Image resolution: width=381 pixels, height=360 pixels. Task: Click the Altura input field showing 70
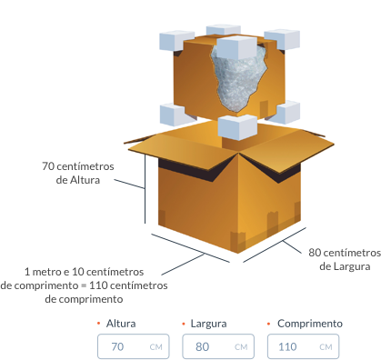click(134, 346)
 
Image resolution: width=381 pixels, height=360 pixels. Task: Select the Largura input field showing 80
click(218, 346)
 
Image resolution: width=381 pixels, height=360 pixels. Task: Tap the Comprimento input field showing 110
click(303, 346)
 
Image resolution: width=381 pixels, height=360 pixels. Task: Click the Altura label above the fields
click(121, 324)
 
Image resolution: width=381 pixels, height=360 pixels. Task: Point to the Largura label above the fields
click(208, 324)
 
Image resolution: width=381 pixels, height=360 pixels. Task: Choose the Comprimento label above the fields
click(310, 324)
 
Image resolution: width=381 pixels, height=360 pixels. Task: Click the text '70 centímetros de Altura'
click(78, 173)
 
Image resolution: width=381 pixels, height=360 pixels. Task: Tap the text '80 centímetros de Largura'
click(345, 259)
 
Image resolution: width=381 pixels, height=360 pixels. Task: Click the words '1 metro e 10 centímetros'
click(84, 272)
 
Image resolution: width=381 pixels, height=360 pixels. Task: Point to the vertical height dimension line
click(145, 189)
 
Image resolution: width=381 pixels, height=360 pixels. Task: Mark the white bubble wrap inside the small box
click(239, 79)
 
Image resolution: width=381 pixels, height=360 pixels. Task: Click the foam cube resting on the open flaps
click(237, 127)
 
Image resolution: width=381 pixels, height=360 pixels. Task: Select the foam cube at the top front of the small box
click(237, 47)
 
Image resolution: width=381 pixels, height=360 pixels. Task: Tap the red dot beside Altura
click(98, 324)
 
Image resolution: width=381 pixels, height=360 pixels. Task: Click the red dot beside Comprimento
click(268, 324)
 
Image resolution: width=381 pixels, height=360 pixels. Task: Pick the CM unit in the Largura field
click(241, 347)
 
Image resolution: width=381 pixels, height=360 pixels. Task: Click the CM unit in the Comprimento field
click(326, 347)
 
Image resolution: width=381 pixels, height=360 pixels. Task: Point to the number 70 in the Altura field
click(117, 346)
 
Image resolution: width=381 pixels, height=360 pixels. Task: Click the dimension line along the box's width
click(275, 245)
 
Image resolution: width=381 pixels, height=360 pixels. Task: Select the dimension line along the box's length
click(191, 248)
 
